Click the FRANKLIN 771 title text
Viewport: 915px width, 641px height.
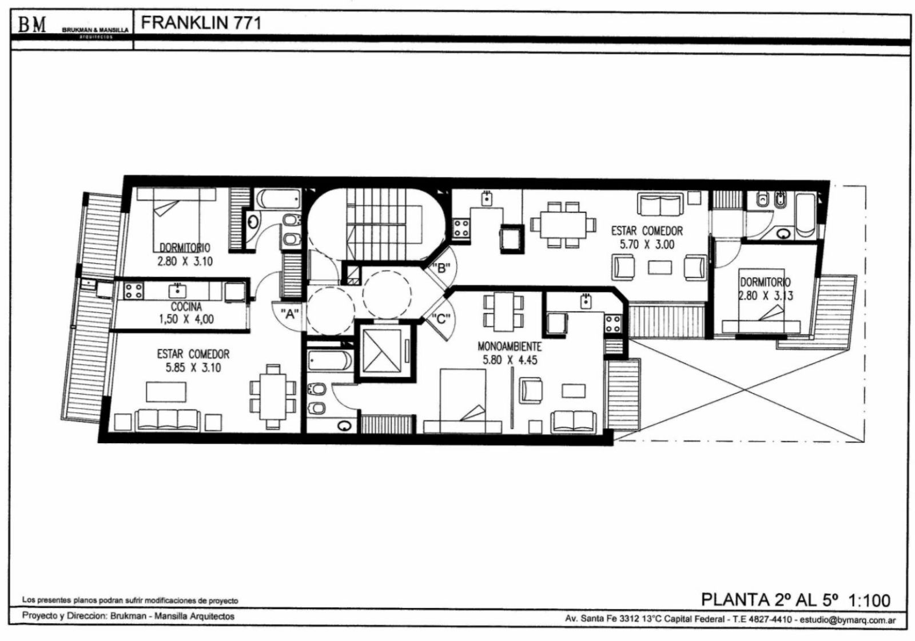[x=201, y=23]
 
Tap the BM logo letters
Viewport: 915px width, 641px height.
[x=32, y=25]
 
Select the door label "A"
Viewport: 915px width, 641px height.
[x=289, y=314]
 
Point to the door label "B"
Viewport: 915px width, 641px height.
[x=441, y=268]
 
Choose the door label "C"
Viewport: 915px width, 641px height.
[x=441, y=318]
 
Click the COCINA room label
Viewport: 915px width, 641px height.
[x=186, y=306]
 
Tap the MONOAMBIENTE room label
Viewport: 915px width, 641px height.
[x=510, y=347]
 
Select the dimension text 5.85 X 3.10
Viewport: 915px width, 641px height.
[x=193, y=368]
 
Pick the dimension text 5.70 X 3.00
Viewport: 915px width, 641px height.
[x=647, y=245]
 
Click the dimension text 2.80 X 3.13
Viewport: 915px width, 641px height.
[x=766, y=296]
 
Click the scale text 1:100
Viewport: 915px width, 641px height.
[x=869, y=600]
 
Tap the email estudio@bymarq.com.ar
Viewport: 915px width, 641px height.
[x=848, y=620]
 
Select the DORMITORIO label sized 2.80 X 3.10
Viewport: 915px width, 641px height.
[x=185, y=248]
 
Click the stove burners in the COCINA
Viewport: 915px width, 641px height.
[x=134, y=291]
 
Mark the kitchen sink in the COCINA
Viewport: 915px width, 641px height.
[x=177, y=291]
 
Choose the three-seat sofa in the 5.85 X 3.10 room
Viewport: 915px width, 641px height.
[x=168, y=420]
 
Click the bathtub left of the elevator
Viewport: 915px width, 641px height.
[x=329, y=361]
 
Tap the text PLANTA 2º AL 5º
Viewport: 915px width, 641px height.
[x=769, y=600]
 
